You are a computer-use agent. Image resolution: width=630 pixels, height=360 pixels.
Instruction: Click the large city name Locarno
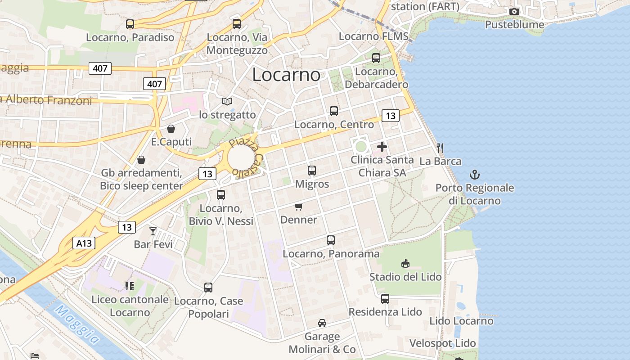[x=286, y=75]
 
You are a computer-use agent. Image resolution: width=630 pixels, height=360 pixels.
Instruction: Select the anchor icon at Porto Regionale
[x=474, y=175]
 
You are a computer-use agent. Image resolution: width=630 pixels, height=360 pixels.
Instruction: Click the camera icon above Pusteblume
[x=514, y=11]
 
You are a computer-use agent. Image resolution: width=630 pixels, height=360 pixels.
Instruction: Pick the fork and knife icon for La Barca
[x=440, y=148]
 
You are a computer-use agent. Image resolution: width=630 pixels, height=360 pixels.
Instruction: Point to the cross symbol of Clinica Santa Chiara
[x=382, y=147]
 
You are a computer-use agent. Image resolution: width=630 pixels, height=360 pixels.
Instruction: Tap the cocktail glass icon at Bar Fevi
[x=153, y=231]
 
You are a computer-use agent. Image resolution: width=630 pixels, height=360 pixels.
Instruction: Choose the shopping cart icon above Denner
[x=299, y=207]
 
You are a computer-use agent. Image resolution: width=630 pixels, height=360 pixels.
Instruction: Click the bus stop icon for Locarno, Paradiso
[x=130, y=24]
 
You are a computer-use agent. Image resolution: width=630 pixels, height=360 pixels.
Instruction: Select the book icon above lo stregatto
[x=228, y=102]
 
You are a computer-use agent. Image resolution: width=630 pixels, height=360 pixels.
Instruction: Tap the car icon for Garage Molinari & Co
[x=322, y=323]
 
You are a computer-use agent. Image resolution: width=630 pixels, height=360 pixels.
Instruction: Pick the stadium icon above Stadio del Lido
[x=405, y=264]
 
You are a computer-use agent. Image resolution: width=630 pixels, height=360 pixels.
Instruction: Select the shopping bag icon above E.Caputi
[x=171, y=129]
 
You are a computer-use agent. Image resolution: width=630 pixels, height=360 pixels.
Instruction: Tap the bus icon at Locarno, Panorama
[x=331, y=240]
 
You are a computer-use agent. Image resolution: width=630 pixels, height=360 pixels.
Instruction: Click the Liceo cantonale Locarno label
[x=130, y=306]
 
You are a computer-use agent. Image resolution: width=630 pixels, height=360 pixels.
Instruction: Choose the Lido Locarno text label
[x=461, y=321]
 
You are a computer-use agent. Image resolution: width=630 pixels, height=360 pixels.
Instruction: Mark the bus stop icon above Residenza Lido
[x=385, y=298]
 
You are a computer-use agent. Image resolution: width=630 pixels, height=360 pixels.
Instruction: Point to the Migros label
[x=312, y=184]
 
